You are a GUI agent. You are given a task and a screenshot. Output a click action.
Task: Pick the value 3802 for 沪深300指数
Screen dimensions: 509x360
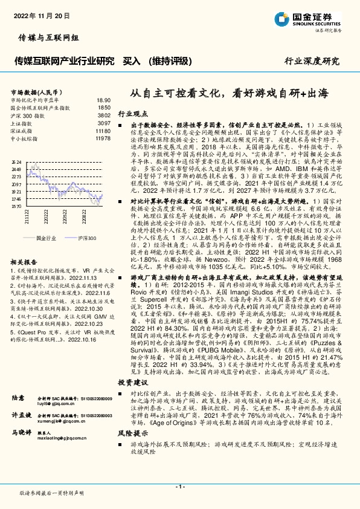point(104,114)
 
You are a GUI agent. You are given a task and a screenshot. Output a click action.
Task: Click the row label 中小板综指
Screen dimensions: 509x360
point(25,138)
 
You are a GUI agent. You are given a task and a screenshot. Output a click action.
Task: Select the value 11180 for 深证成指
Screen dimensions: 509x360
point(103,131)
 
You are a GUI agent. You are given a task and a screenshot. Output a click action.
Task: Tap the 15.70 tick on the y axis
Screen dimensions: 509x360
point(16,206)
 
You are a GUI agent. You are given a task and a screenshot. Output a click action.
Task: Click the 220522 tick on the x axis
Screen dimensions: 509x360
point(64,216)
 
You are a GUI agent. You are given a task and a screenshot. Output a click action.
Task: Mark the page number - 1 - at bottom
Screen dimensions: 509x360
point(179,486)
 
